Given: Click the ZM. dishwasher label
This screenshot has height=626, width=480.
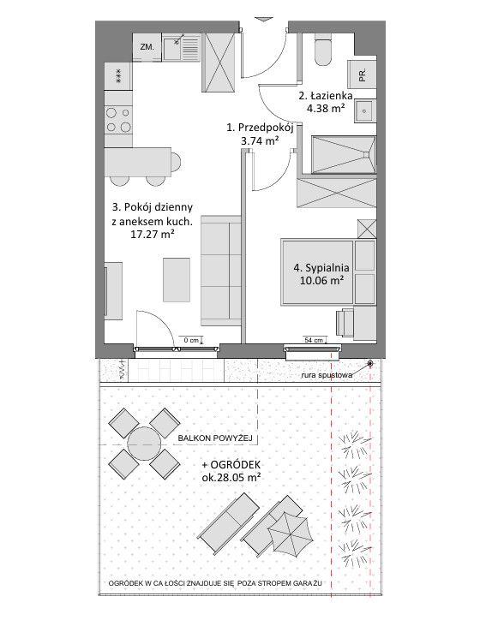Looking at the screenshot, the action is (147, 47).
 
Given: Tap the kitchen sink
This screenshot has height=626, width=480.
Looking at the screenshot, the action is (181, 47).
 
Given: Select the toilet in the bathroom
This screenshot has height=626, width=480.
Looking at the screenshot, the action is (323, 50).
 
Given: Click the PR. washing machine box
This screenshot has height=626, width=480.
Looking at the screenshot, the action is (362, 75).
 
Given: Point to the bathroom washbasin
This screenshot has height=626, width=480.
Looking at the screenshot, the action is (364, 111).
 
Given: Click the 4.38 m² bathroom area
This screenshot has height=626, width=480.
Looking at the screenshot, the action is (326, 107).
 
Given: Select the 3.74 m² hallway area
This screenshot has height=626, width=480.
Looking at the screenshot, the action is (260, 140).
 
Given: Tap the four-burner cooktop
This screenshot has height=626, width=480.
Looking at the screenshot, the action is (118, 119).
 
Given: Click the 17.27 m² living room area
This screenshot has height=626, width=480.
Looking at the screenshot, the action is (153, 234).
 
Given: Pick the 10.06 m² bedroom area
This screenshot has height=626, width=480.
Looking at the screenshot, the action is (321, 280).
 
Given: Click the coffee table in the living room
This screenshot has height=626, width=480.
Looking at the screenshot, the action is (177, 279).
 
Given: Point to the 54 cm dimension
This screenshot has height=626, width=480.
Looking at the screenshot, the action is (314, 341).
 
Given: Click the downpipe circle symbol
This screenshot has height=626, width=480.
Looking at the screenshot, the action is (370, 363).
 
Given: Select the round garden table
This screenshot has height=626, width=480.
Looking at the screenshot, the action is (144, 444).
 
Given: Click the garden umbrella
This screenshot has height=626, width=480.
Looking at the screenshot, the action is (291, 534).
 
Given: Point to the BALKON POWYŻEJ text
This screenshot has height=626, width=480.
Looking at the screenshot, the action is (215, 438).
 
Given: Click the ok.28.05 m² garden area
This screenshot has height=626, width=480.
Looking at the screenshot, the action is (231, 477).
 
